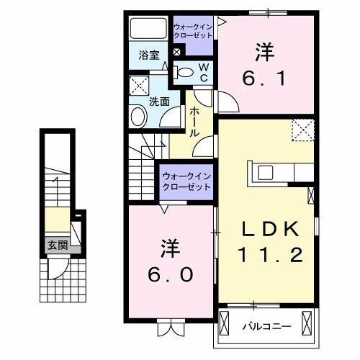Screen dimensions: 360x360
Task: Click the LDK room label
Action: click(269, 228)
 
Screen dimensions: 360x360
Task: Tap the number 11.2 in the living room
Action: click(269, 254)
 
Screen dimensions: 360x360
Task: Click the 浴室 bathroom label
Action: click(148, 55)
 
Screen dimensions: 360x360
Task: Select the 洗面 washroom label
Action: click(159, 102)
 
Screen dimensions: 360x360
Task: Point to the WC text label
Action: click(204, 72)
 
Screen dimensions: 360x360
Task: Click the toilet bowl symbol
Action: click(186, 71)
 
